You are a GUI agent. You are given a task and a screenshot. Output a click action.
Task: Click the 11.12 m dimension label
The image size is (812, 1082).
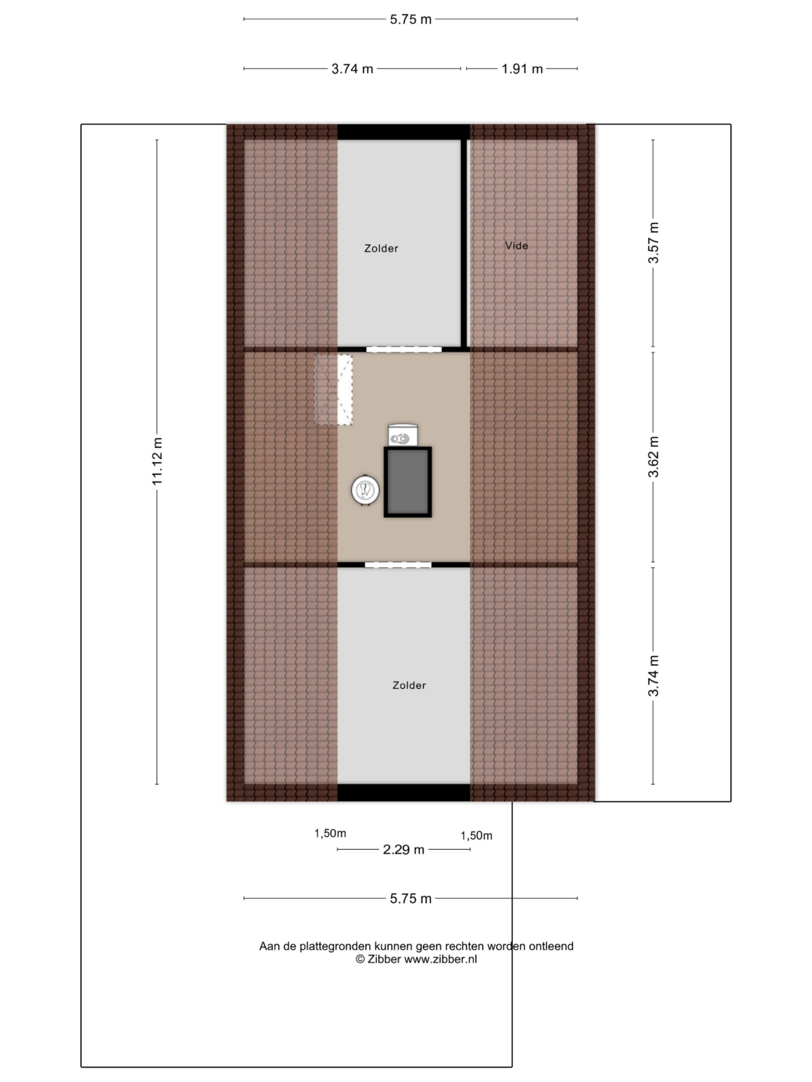click(157, 461)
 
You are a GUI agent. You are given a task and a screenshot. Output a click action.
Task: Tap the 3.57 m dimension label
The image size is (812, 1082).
click(653, 243)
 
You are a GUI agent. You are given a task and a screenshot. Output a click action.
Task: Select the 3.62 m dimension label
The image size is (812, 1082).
click(653, 457)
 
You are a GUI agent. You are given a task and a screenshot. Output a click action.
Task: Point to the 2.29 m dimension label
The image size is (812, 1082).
click(404, 849)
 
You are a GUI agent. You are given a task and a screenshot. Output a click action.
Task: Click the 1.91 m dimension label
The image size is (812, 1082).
click(522, 69)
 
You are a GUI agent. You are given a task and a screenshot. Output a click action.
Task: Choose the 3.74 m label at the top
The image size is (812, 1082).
click(352, 69)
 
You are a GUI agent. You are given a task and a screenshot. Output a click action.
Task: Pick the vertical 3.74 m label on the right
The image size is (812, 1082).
click(653, 675)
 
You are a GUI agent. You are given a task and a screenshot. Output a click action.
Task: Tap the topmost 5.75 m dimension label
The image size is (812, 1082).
click(411, 20)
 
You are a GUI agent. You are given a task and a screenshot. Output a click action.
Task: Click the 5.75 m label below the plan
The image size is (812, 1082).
click(411, 899)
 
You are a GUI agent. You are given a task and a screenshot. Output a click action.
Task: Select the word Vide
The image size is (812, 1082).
click(517, 246)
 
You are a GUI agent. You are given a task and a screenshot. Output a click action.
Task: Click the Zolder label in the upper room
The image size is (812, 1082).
click(381, 249)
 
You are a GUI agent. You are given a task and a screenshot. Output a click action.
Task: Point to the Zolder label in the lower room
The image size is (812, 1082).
click(409, 685)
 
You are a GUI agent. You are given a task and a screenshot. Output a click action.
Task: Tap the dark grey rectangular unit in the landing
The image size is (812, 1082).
click(408, 482)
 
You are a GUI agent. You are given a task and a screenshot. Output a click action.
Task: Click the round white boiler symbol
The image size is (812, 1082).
click(365, 491)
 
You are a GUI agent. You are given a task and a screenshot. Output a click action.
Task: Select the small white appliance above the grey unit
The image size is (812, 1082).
click(403, 435)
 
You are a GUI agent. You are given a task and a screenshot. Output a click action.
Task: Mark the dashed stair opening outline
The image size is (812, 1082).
click(334, 389)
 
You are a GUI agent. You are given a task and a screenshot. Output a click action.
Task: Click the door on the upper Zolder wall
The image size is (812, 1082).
click(404, 349)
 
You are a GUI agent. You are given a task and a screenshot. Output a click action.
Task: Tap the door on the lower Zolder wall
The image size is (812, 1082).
click(398, 565)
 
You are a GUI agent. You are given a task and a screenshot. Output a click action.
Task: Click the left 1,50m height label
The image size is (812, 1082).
click(330, 833)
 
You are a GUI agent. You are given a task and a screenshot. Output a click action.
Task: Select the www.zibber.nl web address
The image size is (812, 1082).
click(441, 959)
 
